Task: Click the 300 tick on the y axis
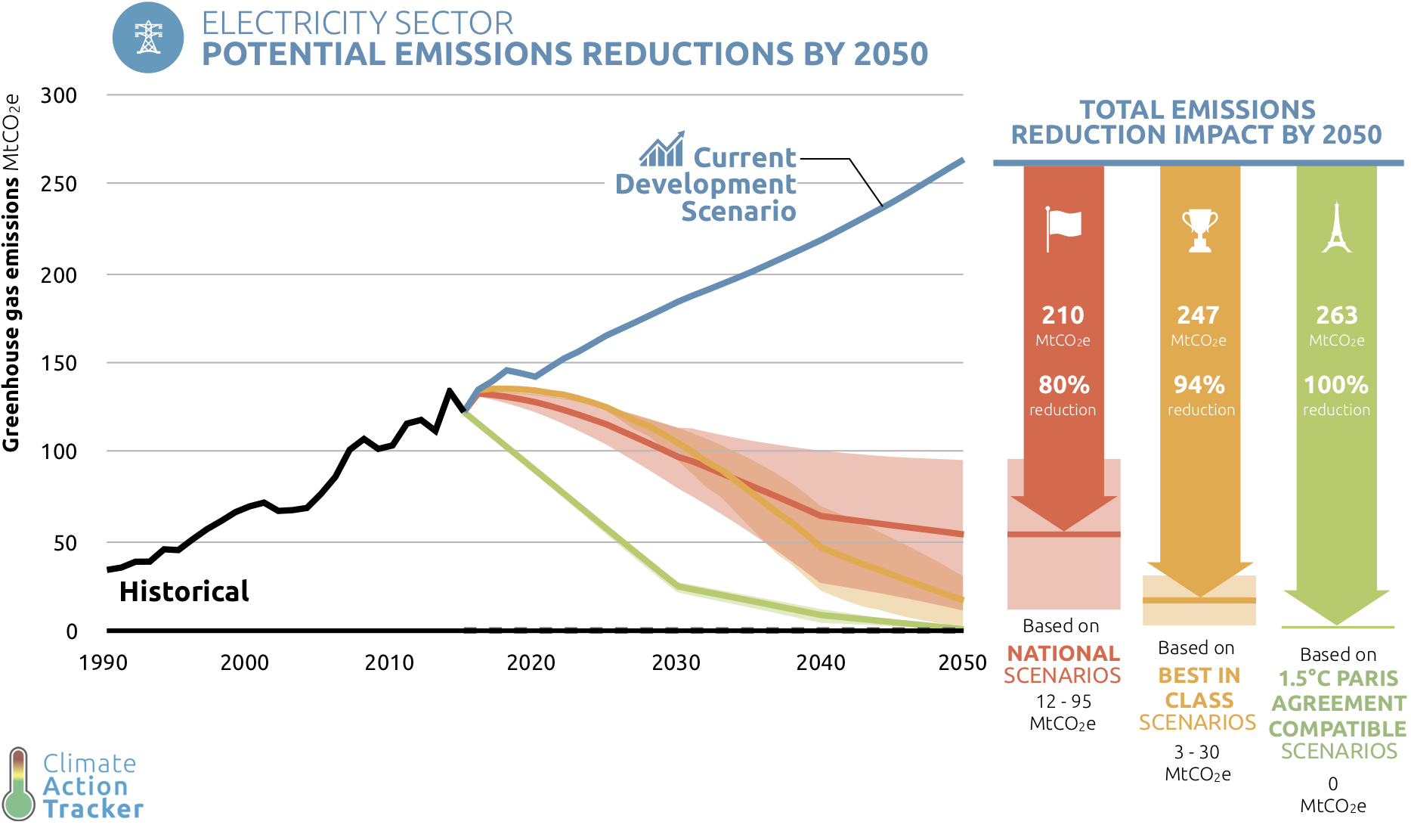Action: tap(59, 96)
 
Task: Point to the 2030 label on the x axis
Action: tap(676, 663)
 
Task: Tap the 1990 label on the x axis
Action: tap(104, 663)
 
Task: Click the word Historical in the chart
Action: tap(184, 591)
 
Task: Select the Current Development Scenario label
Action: tap(706, 185)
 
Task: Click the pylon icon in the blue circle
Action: tap(148, 38)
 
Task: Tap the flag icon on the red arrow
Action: tap(1063, 228)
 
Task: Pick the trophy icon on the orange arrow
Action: tap(1199, 230)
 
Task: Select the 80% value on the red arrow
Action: tap(1063, 385)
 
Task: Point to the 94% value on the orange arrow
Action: tap(1199, 385)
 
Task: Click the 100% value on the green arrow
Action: tap(1335, 385)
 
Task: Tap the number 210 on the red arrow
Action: tap(1063, 315)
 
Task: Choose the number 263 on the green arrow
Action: tap(1336, 315)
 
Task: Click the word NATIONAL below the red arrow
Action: tap(1063, 653)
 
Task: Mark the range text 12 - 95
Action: tap(1063, 702)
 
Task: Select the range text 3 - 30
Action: tap(1196, 752)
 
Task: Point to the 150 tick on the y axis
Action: tap(59, 363)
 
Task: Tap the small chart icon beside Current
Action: tap(662, 150)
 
